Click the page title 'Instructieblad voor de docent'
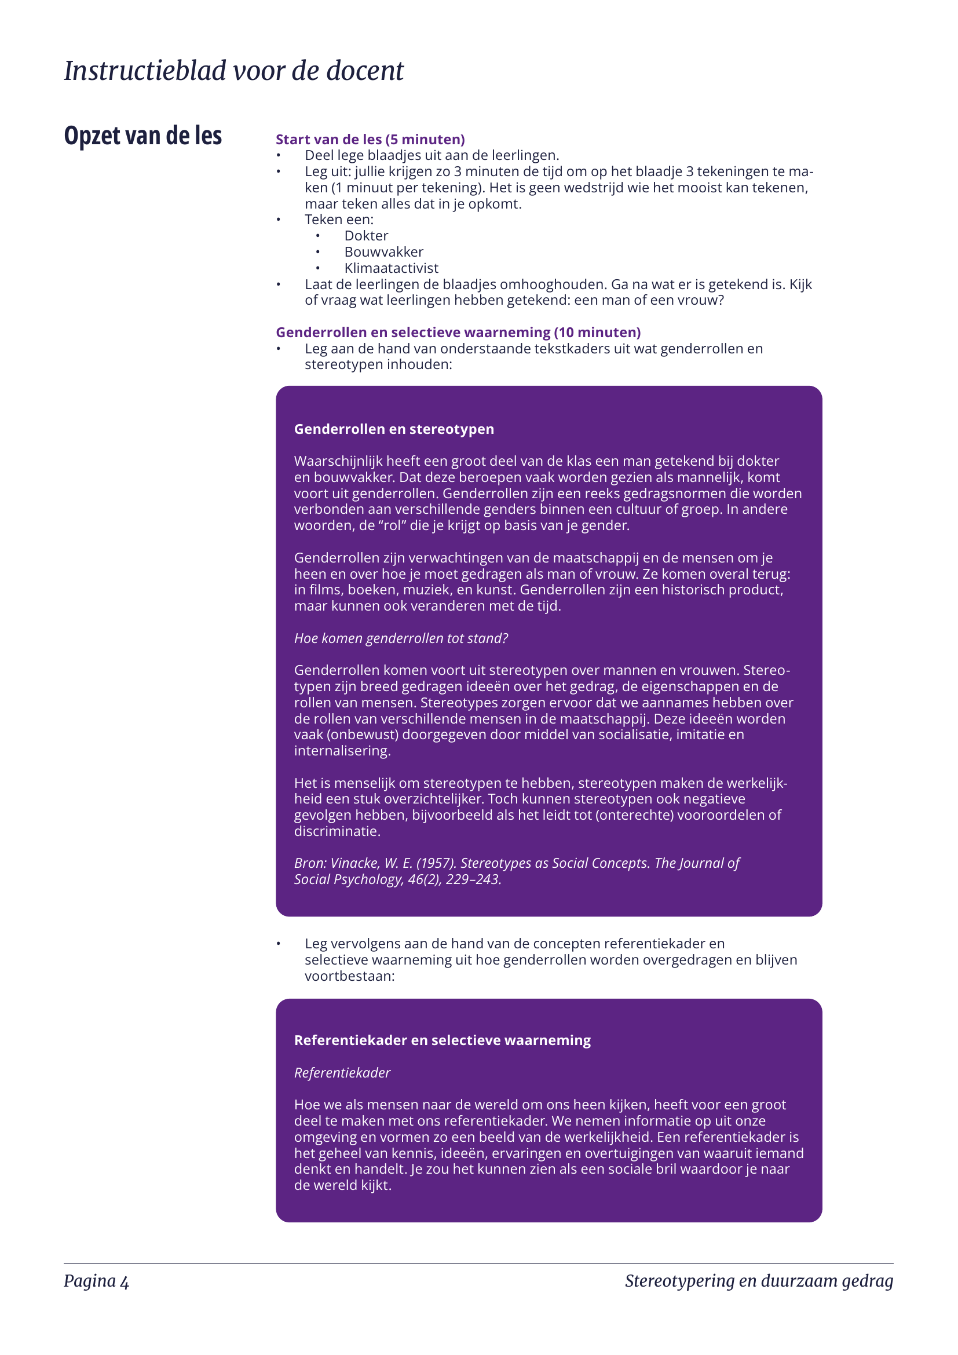[x=233, y=71]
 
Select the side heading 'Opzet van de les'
[x=142, y=136]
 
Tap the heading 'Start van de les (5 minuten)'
[x=370, y=139]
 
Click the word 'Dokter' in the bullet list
[x=365, y=235]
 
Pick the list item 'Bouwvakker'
[x=383, y=252]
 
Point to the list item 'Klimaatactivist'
[x=391, y=268]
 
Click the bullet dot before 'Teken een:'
[x=279, y=220]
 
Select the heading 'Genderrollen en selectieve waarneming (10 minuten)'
[x=458, y=333]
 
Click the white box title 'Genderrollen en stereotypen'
[x=393, y=429]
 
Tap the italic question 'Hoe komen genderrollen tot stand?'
[x=401, y=638]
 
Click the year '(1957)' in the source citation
[x=436, y=863]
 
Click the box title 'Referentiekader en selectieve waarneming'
[x=442, y=1040]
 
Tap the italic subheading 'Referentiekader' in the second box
[x=342, y=1072]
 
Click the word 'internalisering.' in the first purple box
[x=342, y=751]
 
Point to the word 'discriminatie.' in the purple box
[x=338, y=831]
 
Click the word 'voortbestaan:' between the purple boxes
[x=349, y=976]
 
